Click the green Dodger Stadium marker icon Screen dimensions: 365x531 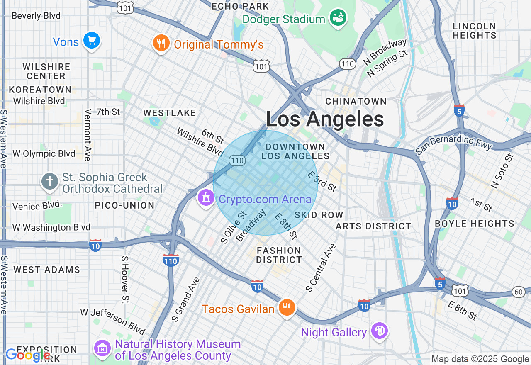pyautogui.click(x=338, y=18)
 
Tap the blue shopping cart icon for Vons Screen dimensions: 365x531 pyautogui.click(x=92, y=41)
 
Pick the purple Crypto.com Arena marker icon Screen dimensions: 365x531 pyautogui.click(x=206, y=198)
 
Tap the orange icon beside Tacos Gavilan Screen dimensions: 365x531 pyautogui.click(x=287, y=308)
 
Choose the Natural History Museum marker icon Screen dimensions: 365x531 pyautogui.click(x=102, y=349)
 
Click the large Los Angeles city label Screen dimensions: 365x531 pyautogui.click(x=325, y=119)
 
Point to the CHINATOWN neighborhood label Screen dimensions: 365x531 pyautogui.click(x=356, y=101)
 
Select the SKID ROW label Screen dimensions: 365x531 pyautogui.click(x=319, y=215)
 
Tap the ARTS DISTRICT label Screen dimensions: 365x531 pyautogui.click(x=373, y=226)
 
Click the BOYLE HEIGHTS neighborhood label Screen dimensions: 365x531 pyautogui.click(x=474, y=224)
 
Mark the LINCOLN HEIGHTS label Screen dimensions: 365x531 pyautogui.click(x=474, y=31)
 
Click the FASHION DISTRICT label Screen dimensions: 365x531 pyautogui.click(x=279, y=255)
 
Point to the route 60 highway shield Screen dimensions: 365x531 pyautogui.click(x=519, y=292)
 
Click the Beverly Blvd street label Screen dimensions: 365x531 pyautogui.click(x=36, y=16)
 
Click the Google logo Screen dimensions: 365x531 pyautogui.click(x=28, y=355)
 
